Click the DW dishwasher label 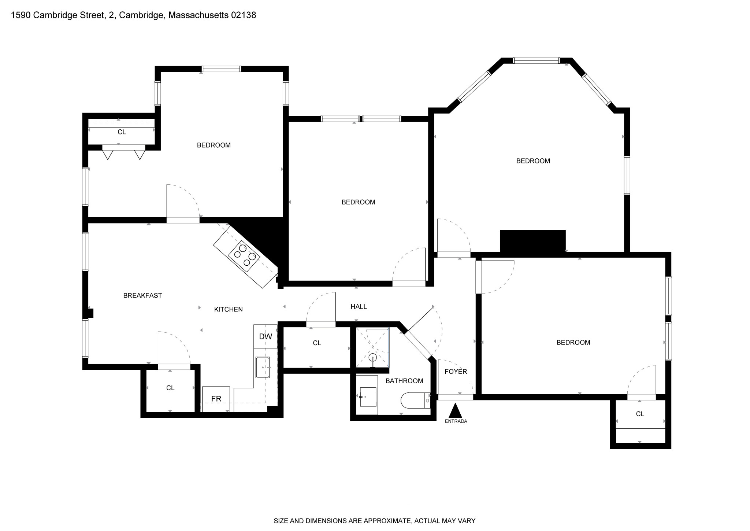click(266, 336)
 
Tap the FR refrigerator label click(216, 399)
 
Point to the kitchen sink click(263, 367)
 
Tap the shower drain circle click(372, 357)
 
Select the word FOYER click(456, 372)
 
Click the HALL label click(359, 307)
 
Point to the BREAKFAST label click(142, 295)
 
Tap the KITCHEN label click(228, 309)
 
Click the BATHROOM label click(404, 381)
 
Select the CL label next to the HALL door click(317, 343)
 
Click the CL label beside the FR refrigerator click(170, 388)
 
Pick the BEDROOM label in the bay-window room click(533, 161)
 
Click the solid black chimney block click(532, 241)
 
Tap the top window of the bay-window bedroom click(536, 61)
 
